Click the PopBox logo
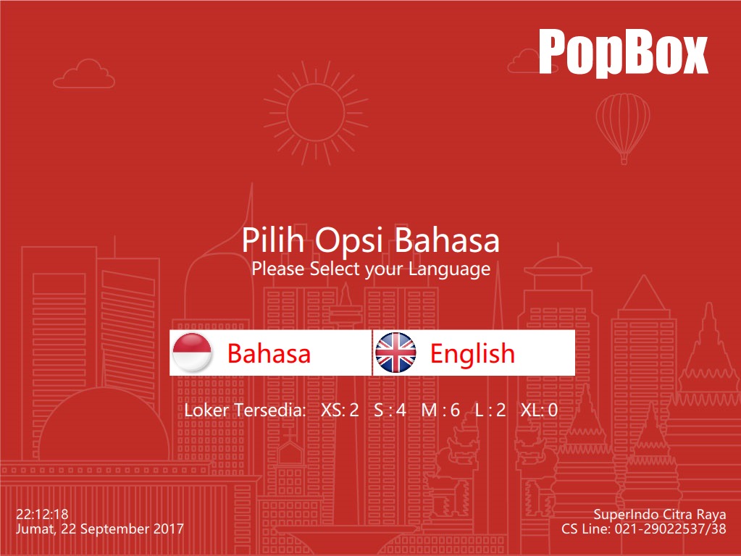coord(623,52)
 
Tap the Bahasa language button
coord(271,353)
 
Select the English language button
coord(474,353)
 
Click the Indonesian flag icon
coord(192,353)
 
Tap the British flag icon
coord(395,353)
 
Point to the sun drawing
coord(316,113)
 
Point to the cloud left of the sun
coord(84,74)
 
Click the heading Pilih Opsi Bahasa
coord(371,240)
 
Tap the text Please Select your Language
coord(371,269)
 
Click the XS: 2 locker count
coord(340,410)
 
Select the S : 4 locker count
coord(390,410)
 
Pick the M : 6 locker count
coord(440,410)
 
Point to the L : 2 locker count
coord(490,410)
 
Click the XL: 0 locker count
coord(539,410)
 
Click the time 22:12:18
coord(42,514)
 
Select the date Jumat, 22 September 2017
coord(100,529)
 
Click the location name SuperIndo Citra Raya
coord(660,515)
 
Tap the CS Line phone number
coord(644,528)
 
